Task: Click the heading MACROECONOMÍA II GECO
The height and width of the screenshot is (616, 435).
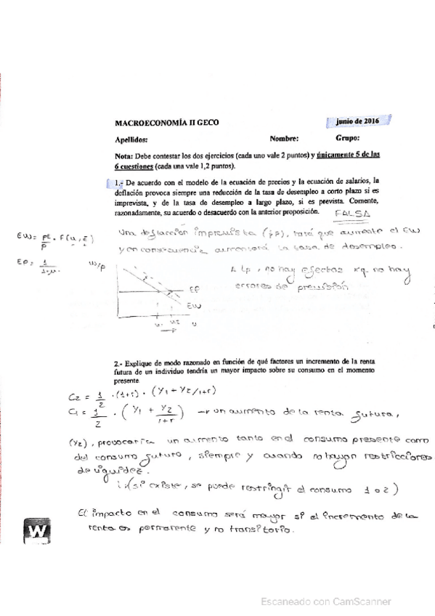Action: coord(166,123)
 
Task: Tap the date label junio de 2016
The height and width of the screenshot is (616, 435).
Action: coord(358,121)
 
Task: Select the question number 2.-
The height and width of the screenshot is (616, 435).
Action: coord(120,360)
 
